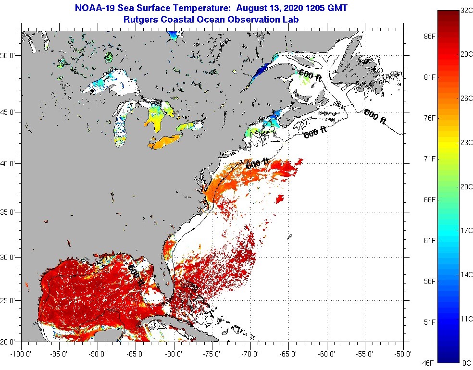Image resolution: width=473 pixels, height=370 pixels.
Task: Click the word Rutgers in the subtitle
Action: coord(141,20)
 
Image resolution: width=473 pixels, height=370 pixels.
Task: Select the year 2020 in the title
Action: coord(285,8)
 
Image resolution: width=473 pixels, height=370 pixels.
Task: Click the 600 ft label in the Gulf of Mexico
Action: coord(136,274)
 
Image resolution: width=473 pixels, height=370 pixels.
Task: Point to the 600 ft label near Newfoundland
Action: coord(374,116)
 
